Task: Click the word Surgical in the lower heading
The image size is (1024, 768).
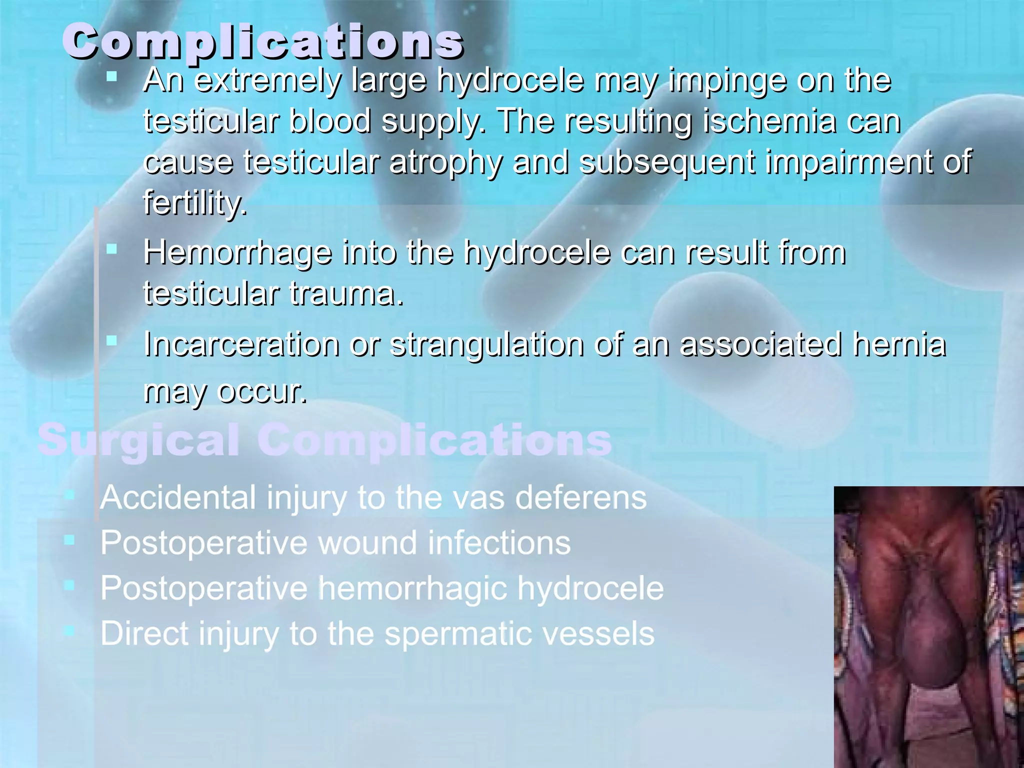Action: click(138, 441)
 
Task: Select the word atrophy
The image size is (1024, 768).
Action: click(445, 163)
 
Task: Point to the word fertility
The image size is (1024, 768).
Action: click(194, 203)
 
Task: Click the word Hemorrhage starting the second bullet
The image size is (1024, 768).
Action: click(237, 252)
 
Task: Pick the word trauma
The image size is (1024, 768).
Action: click(345, 293)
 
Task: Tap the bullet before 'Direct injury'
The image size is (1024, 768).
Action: click(69, 631)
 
